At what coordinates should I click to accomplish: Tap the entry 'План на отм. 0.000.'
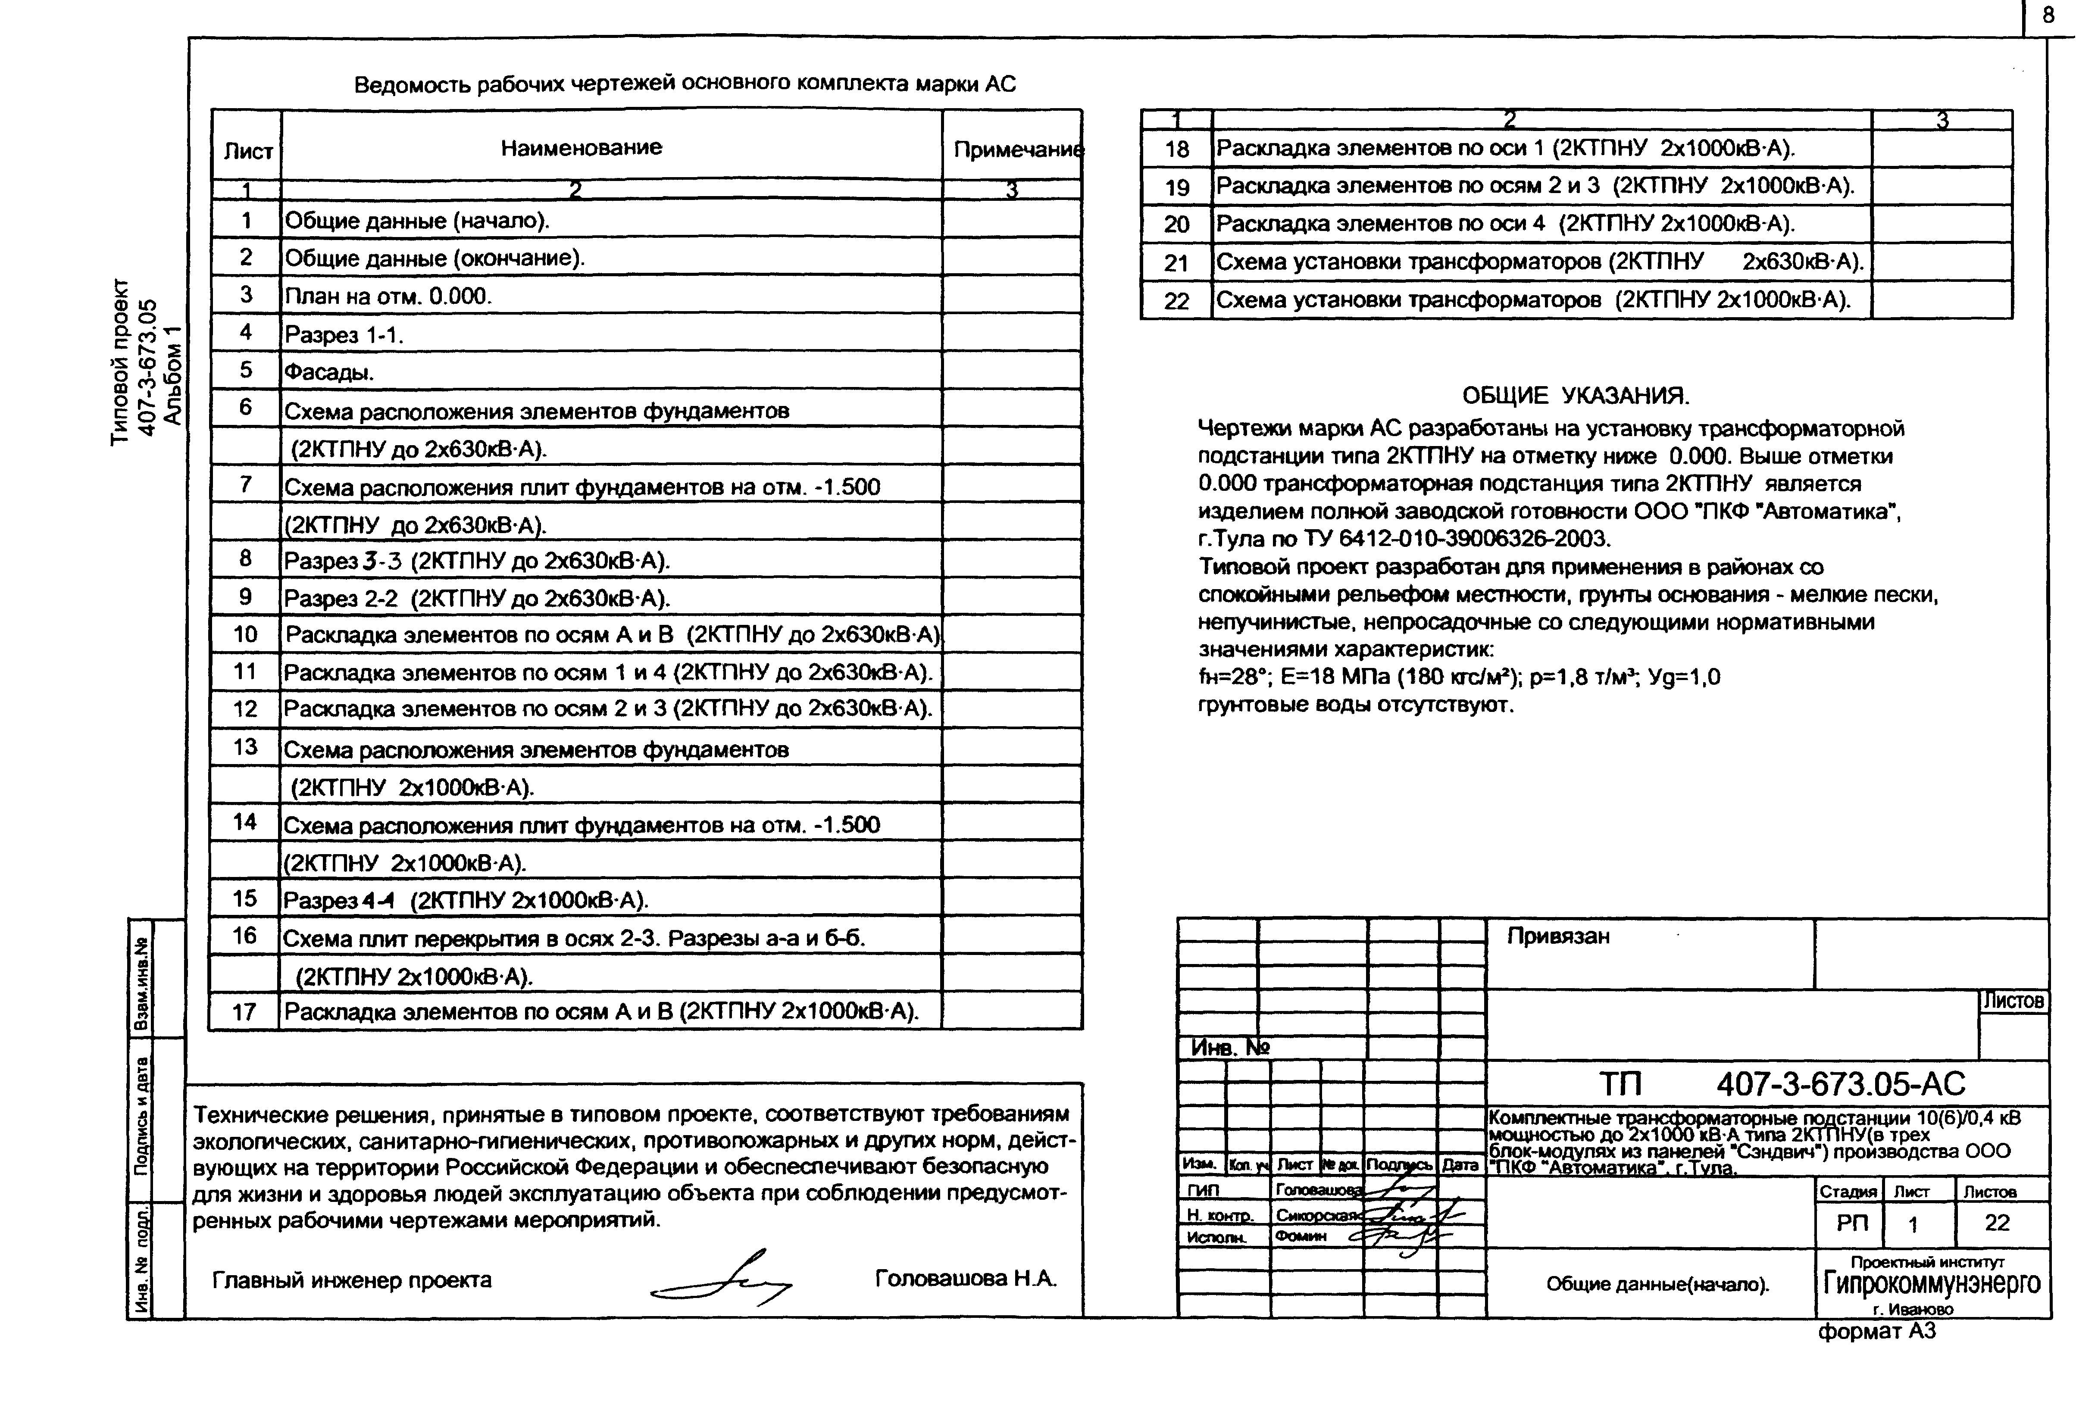388,296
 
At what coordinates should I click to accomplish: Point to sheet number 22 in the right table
1176,301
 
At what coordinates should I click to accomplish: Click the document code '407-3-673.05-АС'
1841,1084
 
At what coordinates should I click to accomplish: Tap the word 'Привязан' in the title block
1559,936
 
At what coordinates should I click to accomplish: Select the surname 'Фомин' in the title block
1300,1236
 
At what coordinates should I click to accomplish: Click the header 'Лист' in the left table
247,152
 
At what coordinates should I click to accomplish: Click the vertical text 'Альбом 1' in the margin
173,375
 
